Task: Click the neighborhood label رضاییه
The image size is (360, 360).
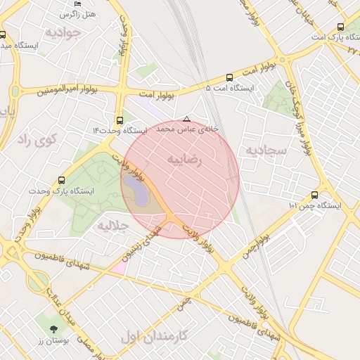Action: (184, 160)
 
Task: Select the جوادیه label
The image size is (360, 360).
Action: (59, 32)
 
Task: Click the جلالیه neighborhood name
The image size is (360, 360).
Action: (112, 226)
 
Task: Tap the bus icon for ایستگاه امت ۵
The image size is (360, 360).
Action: (229, 78)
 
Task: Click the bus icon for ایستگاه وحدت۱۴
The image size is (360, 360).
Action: (120, 120)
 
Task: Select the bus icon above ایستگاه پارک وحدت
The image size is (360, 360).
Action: (62, 180)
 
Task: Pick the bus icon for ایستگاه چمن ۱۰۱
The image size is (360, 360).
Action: (314, 195)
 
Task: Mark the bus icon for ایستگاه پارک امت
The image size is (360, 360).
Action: (341, 27)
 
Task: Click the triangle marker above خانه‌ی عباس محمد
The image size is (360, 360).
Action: (186, 119)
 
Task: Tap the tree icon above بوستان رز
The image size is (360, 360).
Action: (53, 328)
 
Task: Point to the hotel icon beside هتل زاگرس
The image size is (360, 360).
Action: (77, 4)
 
